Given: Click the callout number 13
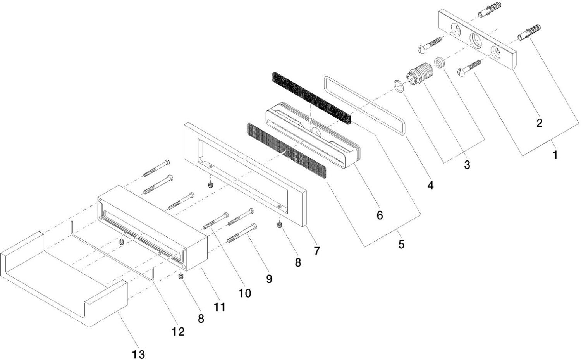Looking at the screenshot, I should tap(138, 354).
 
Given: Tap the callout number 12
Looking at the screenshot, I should tap(179, 331).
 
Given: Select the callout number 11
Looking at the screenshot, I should tap(220, 307).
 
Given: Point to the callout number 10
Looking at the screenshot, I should tap(244, 293).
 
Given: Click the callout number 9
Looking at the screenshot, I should tap(269, 278).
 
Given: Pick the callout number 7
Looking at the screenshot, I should tap(317, 251).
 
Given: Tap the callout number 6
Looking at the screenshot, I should tap(380, 215).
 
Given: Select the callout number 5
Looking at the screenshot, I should tap(401, 244).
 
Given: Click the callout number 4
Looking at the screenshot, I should tap(430, 186).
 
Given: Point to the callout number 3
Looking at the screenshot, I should tap(467, 164).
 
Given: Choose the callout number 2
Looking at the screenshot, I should tap(539, 123).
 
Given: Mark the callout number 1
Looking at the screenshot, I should tap(555, 155).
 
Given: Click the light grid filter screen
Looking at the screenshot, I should tap(287, 151).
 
